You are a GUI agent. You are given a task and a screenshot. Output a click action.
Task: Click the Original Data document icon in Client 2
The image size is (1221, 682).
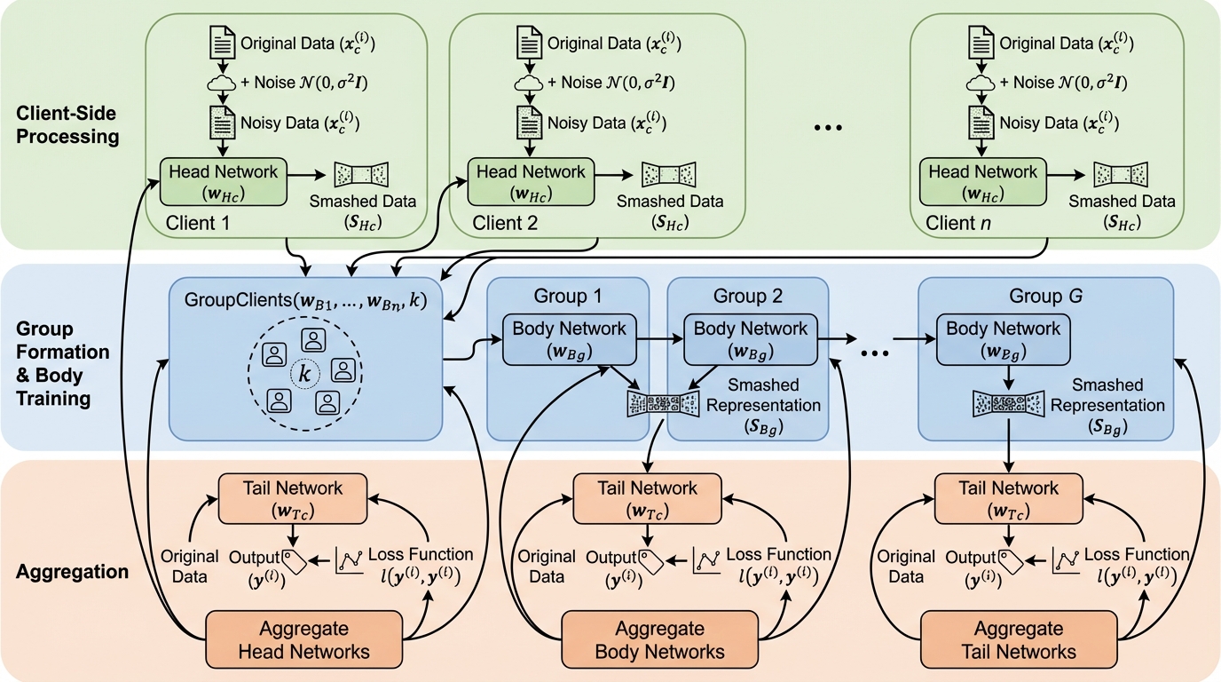pos(530,42)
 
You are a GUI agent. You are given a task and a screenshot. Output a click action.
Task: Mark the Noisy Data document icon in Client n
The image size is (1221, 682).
pos(982,122)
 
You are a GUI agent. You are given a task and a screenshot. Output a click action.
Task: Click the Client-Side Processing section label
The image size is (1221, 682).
pos(67,125)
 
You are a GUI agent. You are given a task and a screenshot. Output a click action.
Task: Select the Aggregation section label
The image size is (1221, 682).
pos(73,571)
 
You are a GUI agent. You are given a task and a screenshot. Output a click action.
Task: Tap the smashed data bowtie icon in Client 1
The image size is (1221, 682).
pos(361,174)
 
